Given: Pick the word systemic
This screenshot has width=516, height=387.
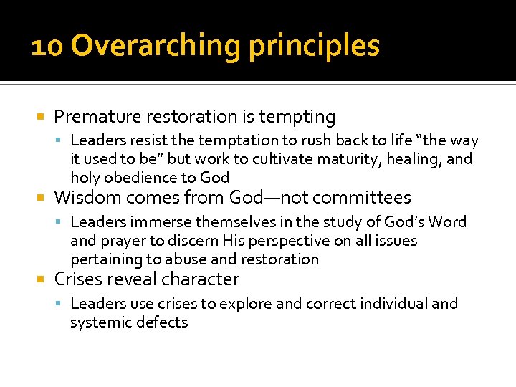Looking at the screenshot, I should click(97, 322).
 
